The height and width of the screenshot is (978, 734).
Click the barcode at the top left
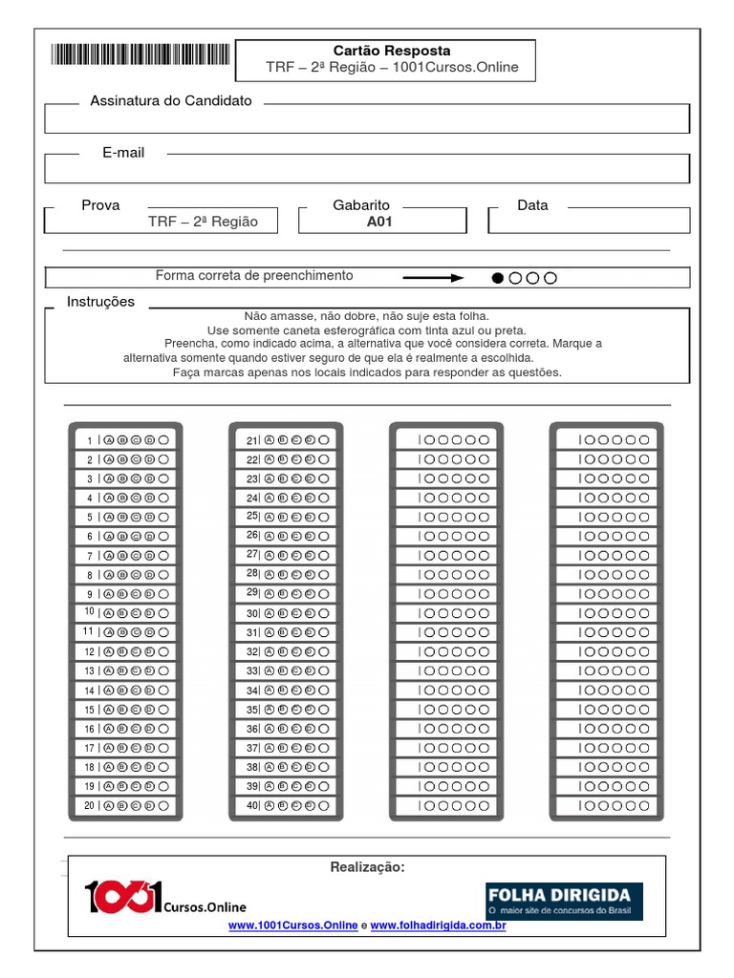tap(140, 54)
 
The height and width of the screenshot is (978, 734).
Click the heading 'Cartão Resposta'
tap(392, 51)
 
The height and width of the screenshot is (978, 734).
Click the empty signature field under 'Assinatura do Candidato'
tap(366, 119)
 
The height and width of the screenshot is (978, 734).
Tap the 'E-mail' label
tap(123, 153)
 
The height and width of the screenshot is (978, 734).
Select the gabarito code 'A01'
tap(379, 222)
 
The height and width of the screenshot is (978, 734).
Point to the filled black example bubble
tap(497, 278)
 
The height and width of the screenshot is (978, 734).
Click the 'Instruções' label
tap(100, 302)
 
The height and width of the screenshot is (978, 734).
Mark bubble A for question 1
tap(108, 440)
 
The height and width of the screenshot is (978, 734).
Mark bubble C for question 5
tap(136, 517)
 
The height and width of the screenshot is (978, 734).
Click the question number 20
tap(90, 805)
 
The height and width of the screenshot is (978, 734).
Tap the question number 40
tap(252, 805)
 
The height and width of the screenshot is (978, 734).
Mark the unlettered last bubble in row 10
tap(163, 613)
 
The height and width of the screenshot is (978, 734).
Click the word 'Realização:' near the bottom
tap(367, 867)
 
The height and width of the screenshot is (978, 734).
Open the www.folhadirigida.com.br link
tap(438, 925)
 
